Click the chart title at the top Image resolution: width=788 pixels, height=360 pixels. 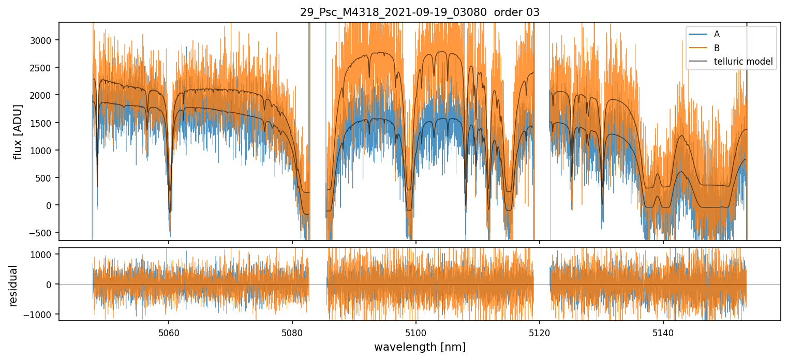click(420, 12)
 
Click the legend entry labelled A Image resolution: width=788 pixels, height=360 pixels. click(717, 34)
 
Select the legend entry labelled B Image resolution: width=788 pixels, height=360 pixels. click(717, 48)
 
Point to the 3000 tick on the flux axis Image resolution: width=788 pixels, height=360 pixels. click(44, 40)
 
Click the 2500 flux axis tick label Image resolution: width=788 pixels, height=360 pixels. click(44, 68)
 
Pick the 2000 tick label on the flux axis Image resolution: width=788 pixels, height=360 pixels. click(44, 95)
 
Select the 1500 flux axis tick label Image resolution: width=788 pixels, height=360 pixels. click(44, 123)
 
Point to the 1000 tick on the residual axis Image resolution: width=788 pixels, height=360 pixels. click(44, 254)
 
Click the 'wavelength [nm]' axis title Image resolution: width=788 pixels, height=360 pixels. click(420, 347)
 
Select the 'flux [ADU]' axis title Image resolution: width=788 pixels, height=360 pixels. click(18, 131)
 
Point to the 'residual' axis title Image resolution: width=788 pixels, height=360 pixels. click(13, 286)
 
